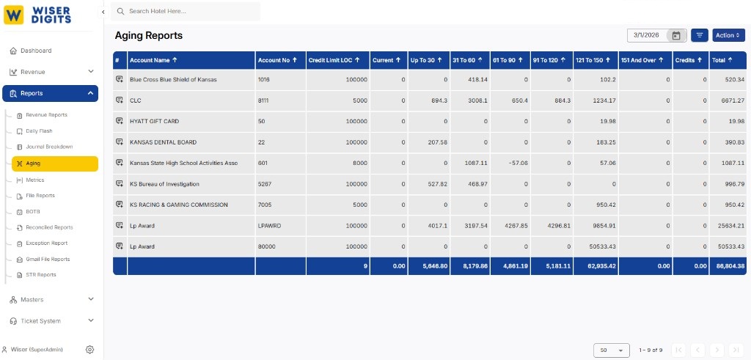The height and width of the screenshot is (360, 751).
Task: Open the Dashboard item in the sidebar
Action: coord(36,51)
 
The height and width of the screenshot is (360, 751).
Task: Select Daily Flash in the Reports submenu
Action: coord(39,131)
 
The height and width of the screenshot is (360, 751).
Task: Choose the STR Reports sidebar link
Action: coord(41,275)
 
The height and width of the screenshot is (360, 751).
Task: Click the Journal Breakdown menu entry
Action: coord(49,147)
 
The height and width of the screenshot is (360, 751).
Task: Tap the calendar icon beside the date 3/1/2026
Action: coord(676,35)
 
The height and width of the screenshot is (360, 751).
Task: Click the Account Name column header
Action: coord(154,60)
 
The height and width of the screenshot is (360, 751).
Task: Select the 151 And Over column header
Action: coord(642,60)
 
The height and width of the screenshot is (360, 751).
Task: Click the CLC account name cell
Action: coord(136,100)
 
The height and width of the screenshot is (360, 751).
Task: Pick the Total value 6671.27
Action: coord(730,100)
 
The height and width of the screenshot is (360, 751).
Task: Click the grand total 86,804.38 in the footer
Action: coord(728,265)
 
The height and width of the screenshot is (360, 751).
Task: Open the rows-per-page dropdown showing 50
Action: coord(612,350)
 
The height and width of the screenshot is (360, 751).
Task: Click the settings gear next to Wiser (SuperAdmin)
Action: coord(89,350)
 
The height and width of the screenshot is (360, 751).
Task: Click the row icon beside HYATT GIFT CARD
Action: coord(120,121)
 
